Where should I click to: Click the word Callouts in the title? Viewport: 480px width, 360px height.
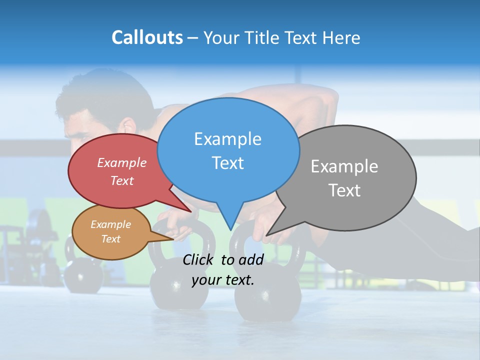(147, 37)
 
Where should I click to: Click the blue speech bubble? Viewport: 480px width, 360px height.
(228, 150)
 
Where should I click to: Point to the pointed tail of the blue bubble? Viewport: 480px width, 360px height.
(230, 222)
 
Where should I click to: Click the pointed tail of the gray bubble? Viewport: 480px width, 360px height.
(272, 231)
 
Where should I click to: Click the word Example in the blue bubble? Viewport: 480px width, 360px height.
(227, 139)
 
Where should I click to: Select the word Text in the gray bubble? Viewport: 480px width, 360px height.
(344, 190)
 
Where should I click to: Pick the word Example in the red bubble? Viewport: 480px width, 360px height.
(122, 162)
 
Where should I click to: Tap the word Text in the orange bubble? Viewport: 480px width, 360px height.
(111, 239)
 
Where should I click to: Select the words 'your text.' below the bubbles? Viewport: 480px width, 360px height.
(223, 280)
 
